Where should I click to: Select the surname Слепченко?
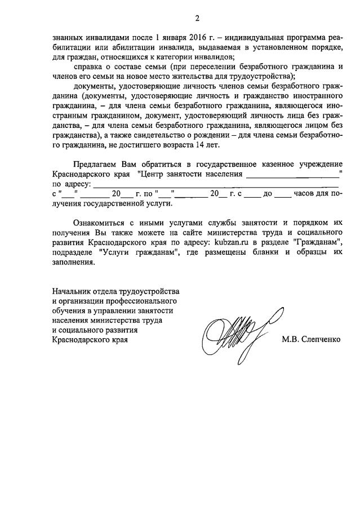pos(316,340)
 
